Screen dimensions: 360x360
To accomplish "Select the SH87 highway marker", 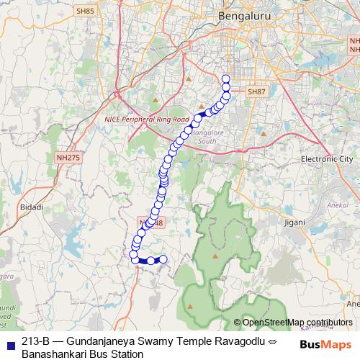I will click(x=256, y=92).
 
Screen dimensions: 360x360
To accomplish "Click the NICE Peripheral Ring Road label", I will click(x=146, y=119).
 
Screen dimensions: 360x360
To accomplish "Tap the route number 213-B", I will click(x=35, y=341).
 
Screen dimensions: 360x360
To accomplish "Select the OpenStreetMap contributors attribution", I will click(x=297, y=323).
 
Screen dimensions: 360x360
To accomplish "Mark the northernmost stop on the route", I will click(x=226, y=79).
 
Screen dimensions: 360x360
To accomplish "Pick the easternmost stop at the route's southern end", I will click(x=163, y=259).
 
